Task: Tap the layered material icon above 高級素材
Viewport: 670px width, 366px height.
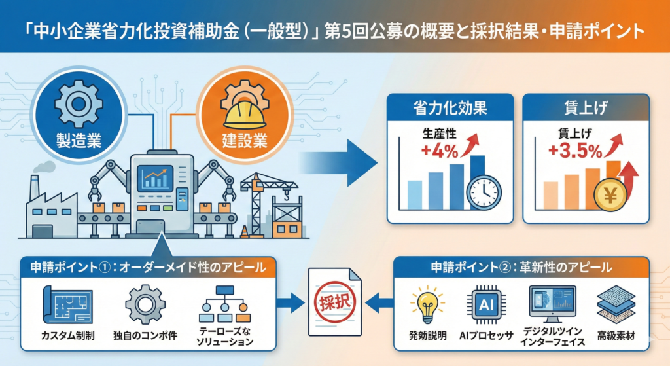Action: (614, 305)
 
